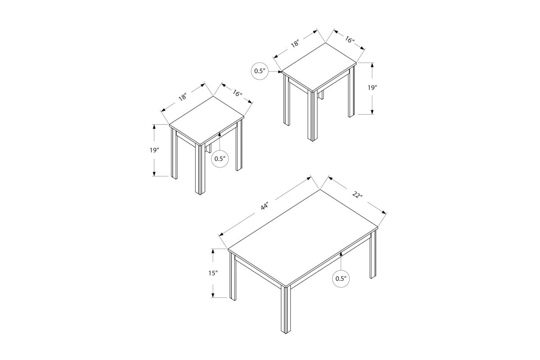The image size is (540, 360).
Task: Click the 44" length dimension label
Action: [265, 207]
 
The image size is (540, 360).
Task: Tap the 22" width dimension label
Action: [357, 194]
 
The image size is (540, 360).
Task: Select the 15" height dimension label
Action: [213, 273]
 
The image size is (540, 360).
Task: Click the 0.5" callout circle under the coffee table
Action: [341, 279]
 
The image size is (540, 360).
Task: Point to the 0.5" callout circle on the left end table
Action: [220, 159]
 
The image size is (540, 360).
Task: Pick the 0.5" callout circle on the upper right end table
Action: [260, 71]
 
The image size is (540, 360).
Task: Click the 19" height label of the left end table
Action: [154, 150]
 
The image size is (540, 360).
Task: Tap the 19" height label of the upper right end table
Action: [372, 88]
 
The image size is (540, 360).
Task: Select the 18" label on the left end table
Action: [183, 97]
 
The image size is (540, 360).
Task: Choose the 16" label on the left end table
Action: [238, 93]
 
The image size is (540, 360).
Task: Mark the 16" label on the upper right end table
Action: [349, 40]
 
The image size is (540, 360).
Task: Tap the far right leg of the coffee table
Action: [373, 254]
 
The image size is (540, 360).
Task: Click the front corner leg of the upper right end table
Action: [312, 116]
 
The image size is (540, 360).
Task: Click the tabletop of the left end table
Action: [207, 121]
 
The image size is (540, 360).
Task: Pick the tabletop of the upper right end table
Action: [319, 67]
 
